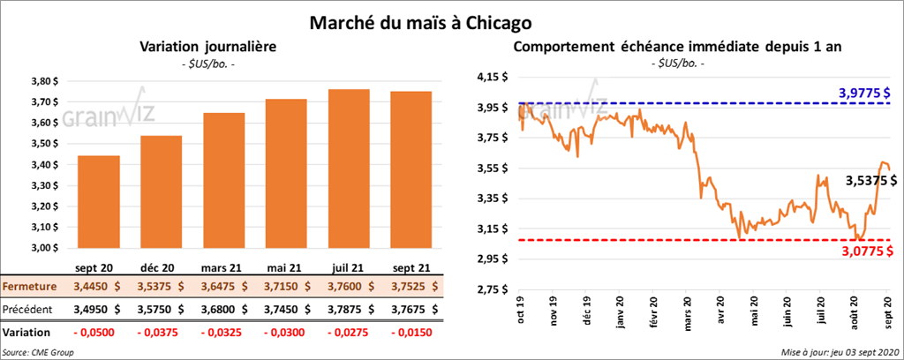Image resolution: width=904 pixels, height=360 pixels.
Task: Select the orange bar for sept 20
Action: tap(99, 203)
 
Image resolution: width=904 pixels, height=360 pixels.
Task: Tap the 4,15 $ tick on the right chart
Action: tap(491, 78)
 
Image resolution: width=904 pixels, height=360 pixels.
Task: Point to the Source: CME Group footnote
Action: tap(38, 352)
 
